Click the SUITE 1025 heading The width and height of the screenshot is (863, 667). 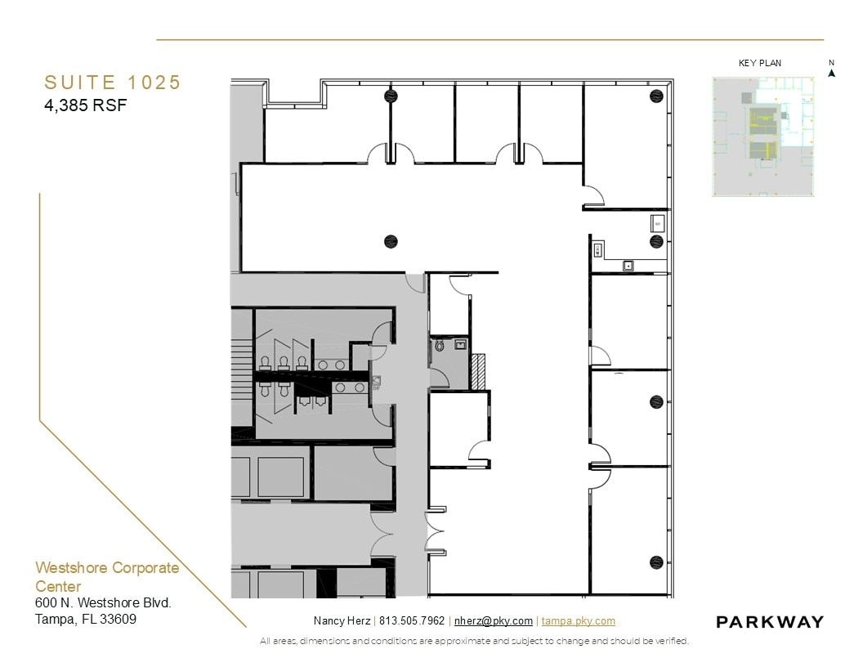112,83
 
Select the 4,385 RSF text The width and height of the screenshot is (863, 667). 86,105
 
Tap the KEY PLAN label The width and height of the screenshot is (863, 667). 760,63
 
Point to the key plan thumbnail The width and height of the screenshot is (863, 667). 764,137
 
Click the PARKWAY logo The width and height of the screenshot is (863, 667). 769,622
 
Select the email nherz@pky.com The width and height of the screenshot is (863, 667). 494,621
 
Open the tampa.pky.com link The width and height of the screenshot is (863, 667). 578,621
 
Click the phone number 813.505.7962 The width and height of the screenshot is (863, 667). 412,621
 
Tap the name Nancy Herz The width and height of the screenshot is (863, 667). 341,621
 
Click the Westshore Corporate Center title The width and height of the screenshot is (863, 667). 106,576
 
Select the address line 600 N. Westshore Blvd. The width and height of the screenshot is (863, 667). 103,603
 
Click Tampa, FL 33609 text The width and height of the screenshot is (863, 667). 86,619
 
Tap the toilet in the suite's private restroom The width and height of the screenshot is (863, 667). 440,347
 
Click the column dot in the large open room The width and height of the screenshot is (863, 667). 391,241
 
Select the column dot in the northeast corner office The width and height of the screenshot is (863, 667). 656,97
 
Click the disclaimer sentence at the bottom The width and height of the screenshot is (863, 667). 474,641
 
